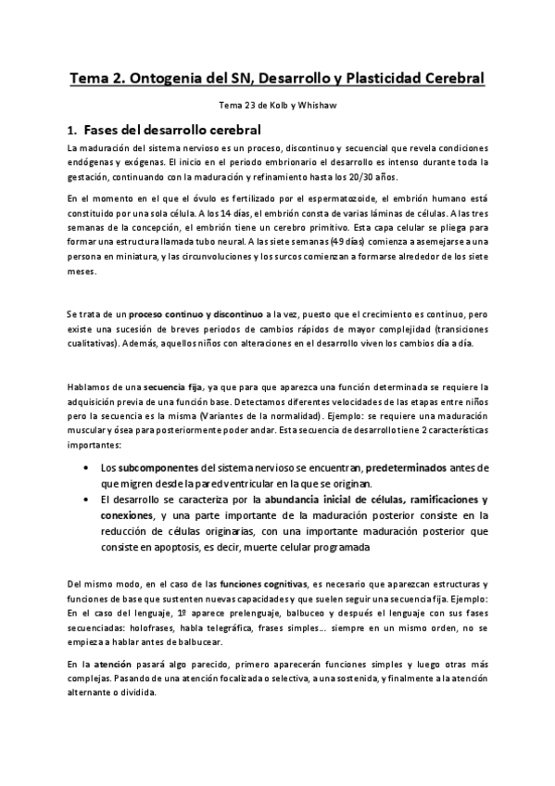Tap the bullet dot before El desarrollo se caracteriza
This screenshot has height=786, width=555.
click(x=86, y=500)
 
